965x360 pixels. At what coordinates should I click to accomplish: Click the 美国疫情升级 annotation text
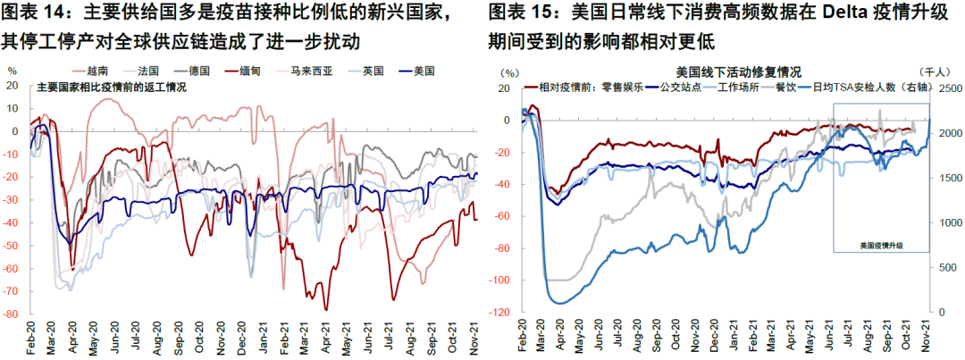(882, 244)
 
